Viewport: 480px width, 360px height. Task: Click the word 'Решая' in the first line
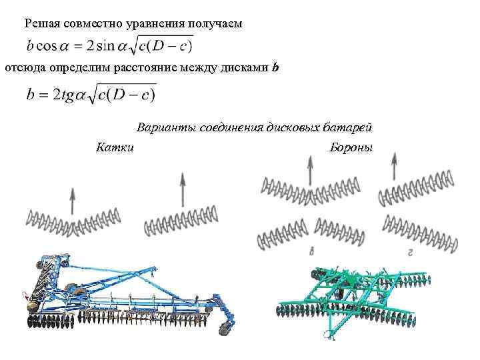tap(41, 24)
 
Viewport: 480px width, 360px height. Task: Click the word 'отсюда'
tap(22, 67)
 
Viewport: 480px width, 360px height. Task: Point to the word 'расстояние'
tap(145, 67)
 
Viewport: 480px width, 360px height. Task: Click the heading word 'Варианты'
tap(164, 127)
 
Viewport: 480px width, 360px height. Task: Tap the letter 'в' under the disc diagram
tap(312, 251)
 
